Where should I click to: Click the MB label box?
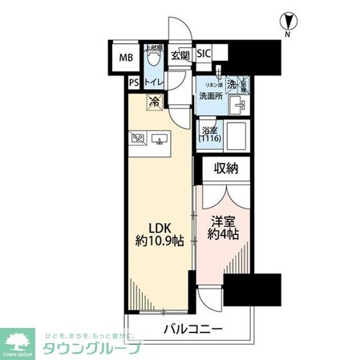pyautogui.click(x=127, y=58)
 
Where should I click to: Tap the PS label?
pyautogui.click(x=133, y=82)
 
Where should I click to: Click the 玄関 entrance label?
pyautogui.click(x=180, y=55)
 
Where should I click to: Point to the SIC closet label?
pyautogui.click(x=204, y=55)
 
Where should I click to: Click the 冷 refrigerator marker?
pyautogui.click(x=152, y=102)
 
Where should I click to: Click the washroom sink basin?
pyautogui.click(x=237, y=105)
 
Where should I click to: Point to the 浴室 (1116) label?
pyautogui.click(x=210, y=133)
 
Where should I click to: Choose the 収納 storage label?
pyautogui.click(x=226, y=168)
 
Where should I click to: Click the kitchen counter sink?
pyautogui.click(x=162, y=141)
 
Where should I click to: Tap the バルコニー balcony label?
pyautogui.click(x=196, y=329)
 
